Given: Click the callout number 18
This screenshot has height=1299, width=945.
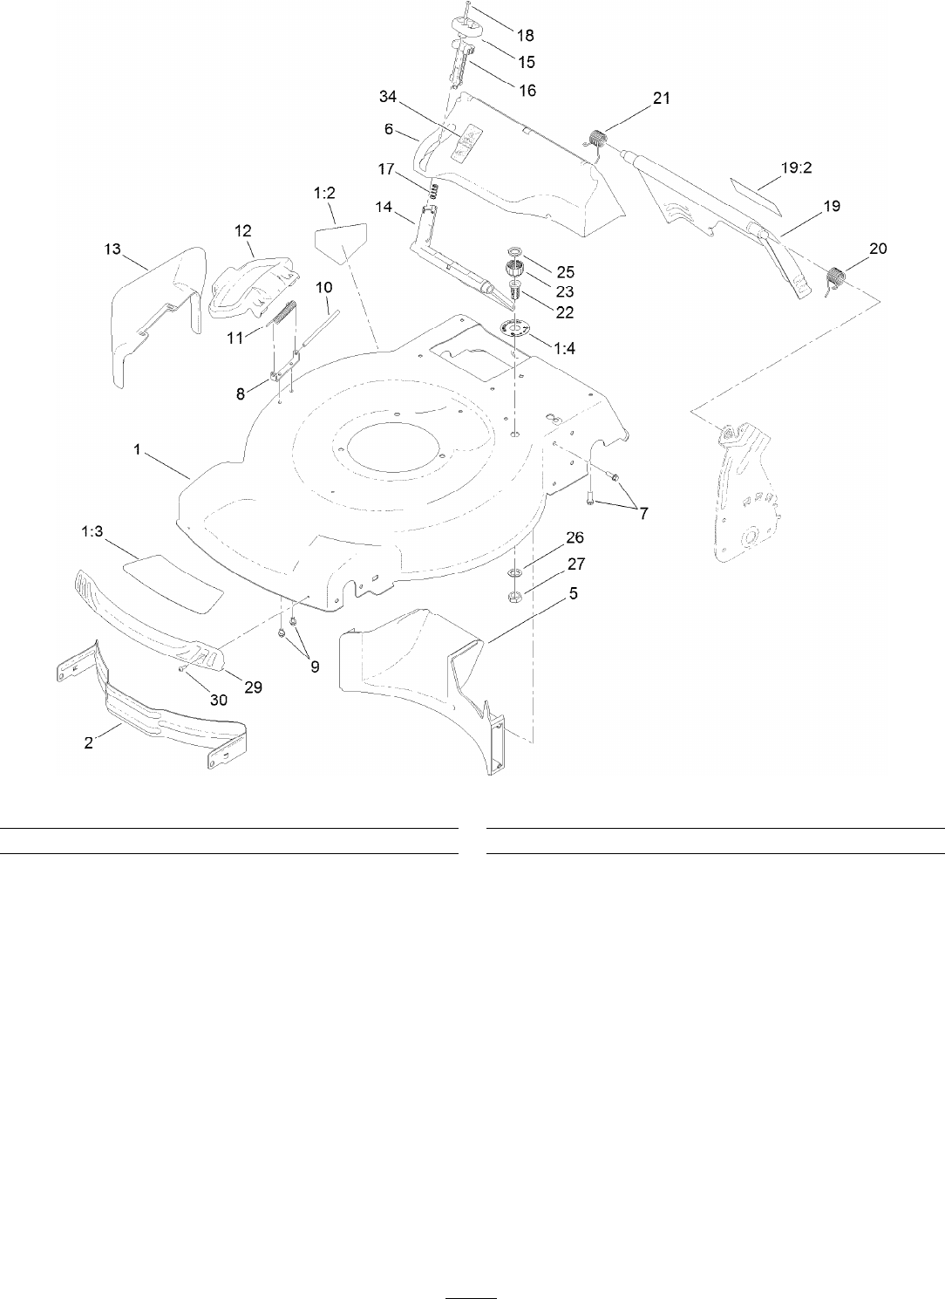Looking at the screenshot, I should coord(526,36).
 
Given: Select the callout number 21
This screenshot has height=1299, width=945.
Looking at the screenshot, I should coord(662,99).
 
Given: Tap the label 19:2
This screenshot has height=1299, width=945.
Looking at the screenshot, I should coord(796,168).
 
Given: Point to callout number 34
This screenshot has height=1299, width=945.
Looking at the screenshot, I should coord(390,94).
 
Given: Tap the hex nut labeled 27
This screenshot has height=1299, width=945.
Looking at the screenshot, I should coord(514,597).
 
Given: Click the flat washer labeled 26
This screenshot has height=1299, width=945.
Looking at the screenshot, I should coord(514,572).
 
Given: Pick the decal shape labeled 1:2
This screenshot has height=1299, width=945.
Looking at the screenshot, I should coord(342,242).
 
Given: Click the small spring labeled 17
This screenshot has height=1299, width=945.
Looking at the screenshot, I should coord(432,188).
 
